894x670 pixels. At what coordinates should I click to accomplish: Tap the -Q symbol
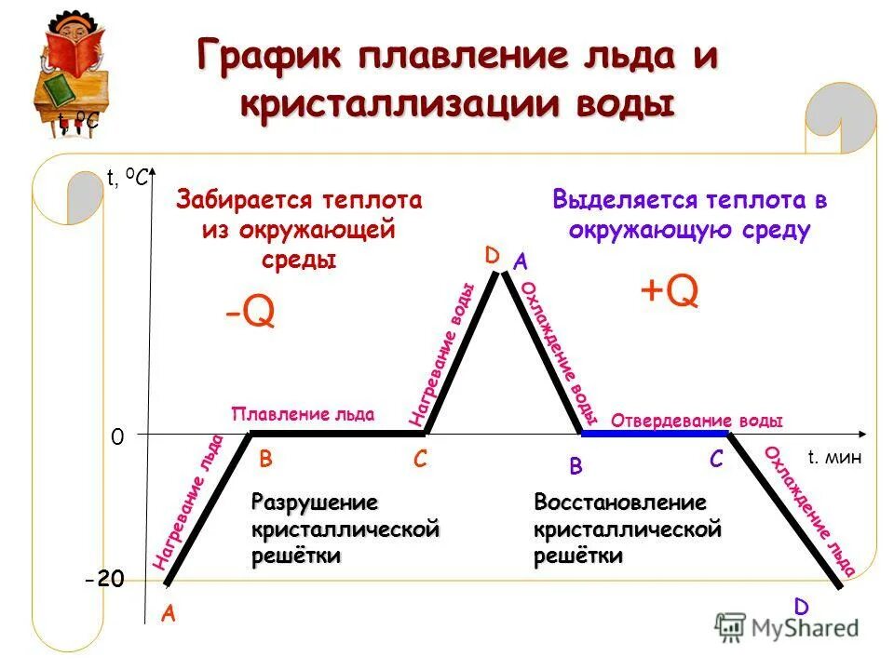[250, 313]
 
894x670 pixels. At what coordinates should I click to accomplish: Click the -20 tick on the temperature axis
[104, 580]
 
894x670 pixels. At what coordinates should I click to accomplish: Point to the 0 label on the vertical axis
[117, 435]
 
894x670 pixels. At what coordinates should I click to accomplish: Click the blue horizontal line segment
[655, 434]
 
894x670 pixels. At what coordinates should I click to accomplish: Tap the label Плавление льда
[303, 414]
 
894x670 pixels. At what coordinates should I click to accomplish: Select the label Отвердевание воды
[697, 421]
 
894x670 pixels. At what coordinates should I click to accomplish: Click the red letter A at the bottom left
[169, 613]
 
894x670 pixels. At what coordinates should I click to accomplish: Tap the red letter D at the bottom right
[801, 607]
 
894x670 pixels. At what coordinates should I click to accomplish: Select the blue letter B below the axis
[576, 464]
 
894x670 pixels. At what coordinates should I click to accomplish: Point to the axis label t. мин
[835, 457]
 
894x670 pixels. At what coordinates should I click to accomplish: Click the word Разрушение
[315, 503]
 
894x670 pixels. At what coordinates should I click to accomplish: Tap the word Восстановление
[619, 503]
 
